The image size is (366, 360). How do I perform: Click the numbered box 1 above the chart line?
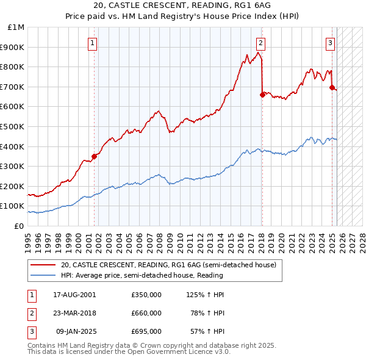[91, 43]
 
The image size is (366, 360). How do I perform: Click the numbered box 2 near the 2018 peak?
[260, 43]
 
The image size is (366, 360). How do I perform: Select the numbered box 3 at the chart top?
[330, 43]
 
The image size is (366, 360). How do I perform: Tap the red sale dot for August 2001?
[95, 156]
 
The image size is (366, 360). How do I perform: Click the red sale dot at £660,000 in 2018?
[262, 95]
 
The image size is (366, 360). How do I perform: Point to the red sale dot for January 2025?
[332, 87]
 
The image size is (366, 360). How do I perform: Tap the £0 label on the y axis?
[19, 226]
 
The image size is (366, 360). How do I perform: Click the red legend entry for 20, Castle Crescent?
[168, 265]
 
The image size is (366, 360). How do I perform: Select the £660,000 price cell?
[146, 313]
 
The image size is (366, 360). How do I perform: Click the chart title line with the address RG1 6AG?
[183, 6]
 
